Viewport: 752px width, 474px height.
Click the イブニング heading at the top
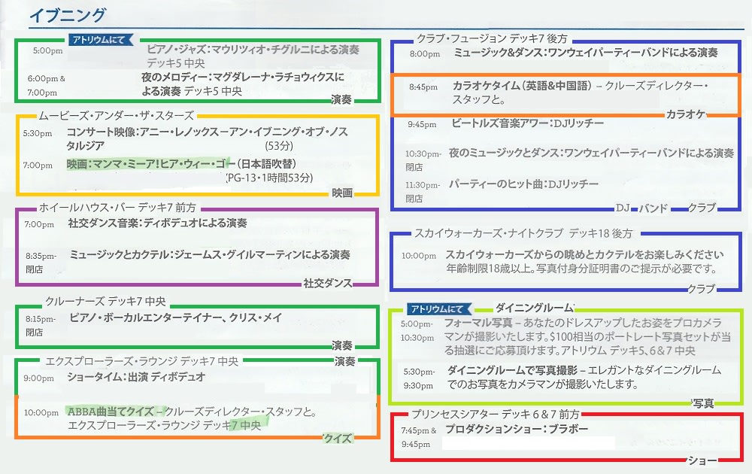(67, 15)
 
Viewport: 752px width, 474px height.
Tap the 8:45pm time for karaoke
(423, 87)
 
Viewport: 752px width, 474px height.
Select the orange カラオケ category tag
(684, 114)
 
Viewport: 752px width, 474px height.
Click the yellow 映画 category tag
(342, 193)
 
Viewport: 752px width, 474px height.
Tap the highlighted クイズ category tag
(338, 438)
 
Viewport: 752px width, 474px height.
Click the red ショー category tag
(702, 460)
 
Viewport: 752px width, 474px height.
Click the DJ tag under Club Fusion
(622, 208)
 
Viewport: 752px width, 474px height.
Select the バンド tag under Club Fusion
(653, 208)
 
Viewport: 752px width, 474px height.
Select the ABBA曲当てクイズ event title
(115, 412)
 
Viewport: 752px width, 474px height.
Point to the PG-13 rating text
(240, 178)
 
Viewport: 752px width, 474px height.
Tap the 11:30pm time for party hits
(422, 185)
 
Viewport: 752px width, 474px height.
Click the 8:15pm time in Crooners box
(40, 319)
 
